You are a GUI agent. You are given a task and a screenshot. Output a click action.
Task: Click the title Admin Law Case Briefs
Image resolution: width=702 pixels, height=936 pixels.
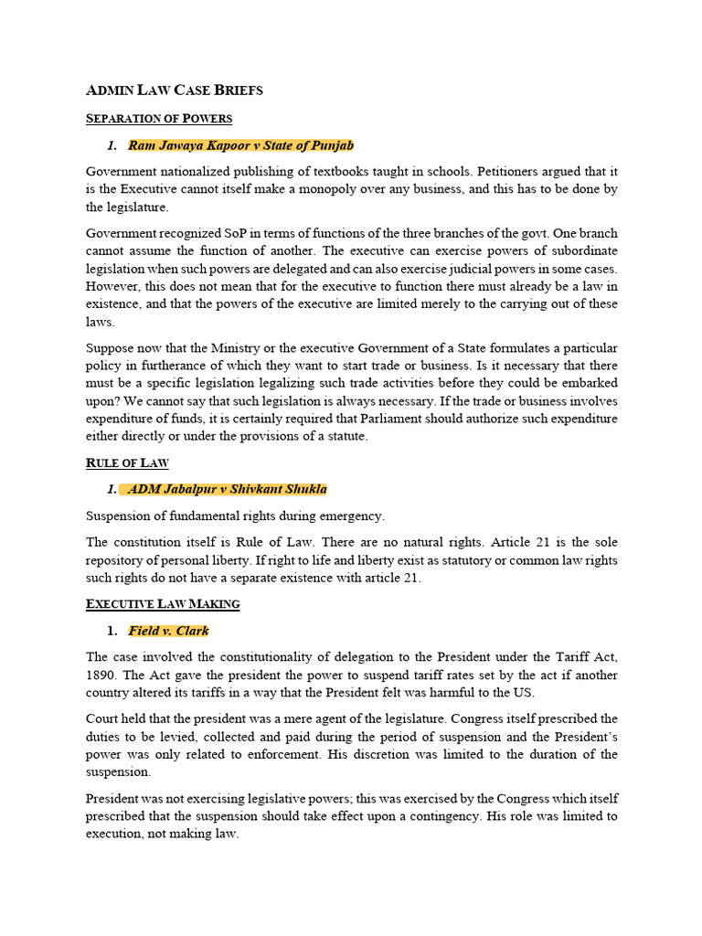click(x=174, y=90)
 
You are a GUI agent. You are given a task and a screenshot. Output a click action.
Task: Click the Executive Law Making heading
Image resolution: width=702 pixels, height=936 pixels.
click(x=162, y=604)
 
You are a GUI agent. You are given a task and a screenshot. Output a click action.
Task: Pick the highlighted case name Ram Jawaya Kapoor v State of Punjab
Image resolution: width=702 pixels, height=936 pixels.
click(x=240, y=145)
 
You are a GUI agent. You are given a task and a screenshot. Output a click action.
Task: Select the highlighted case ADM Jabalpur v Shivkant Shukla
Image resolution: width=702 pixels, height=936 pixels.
click(x=227, y=489)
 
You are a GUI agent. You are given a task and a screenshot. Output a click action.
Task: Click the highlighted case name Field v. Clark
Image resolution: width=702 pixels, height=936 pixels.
click(x=168, y=631)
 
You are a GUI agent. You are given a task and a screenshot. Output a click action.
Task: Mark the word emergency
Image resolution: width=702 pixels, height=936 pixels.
click(x=353, y=516)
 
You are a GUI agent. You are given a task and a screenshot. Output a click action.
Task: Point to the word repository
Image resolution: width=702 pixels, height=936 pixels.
click(x=117, y=559)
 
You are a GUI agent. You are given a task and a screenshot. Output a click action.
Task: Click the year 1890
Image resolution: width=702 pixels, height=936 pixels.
click(x=102, y=675)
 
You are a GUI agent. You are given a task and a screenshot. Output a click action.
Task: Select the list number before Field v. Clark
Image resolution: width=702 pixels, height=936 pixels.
click(x=112, y=631)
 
